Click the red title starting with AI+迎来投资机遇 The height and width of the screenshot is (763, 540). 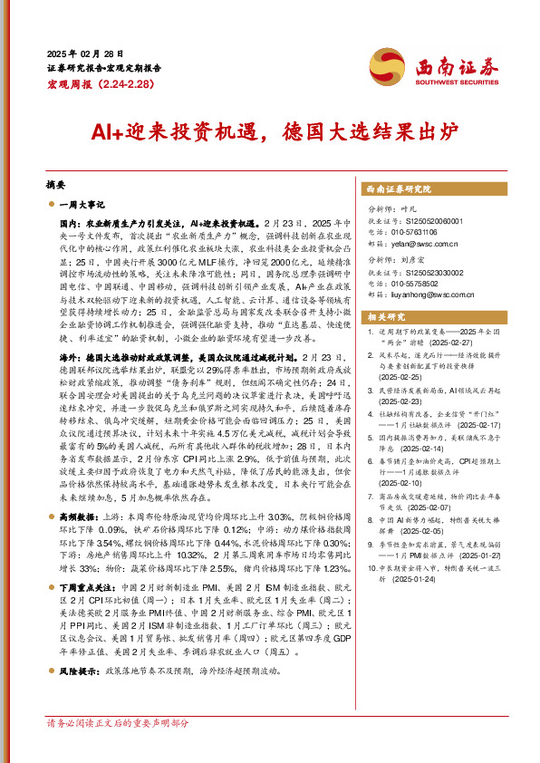(x=270, y=132)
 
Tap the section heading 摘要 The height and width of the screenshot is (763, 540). (x=55, y=181)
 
